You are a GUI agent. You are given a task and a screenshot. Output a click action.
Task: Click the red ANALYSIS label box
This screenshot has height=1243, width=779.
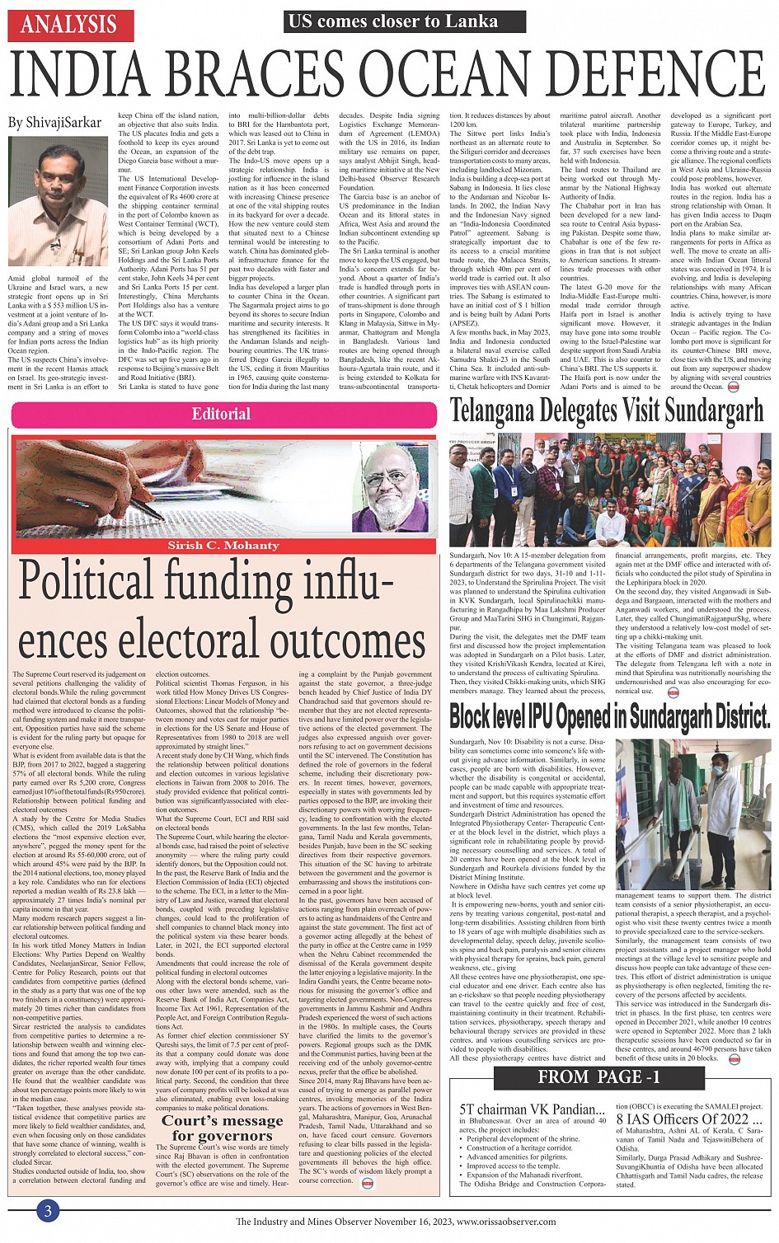point(68,24)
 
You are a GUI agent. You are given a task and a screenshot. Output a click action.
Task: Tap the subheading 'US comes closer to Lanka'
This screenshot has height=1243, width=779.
point(391,21)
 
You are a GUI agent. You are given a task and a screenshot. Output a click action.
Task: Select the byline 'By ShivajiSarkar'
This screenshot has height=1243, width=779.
point(54,123)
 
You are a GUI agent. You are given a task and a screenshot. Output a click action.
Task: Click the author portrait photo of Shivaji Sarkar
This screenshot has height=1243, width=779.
point(58,203)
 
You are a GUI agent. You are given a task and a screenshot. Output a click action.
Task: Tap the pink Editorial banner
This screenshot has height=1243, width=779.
point(221,414)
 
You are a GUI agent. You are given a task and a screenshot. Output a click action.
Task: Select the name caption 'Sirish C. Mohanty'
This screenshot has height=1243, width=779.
point(223,545)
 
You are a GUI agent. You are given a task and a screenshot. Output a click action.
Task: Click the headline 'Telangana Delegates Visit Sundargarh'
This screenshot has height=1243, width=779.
point(607,410)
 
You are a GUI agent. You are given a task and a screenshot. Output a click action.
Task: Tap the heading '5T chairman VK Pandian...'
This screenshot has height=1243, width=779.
point(531,1109)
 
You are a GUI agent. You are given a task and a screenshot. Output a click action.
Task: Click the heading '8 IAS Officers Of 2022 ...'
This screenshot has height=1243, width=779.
point(688,1119)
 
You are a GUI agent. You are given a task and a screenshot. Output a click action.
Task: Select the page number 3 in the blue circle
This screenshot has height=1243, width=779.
point(48,1210)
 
